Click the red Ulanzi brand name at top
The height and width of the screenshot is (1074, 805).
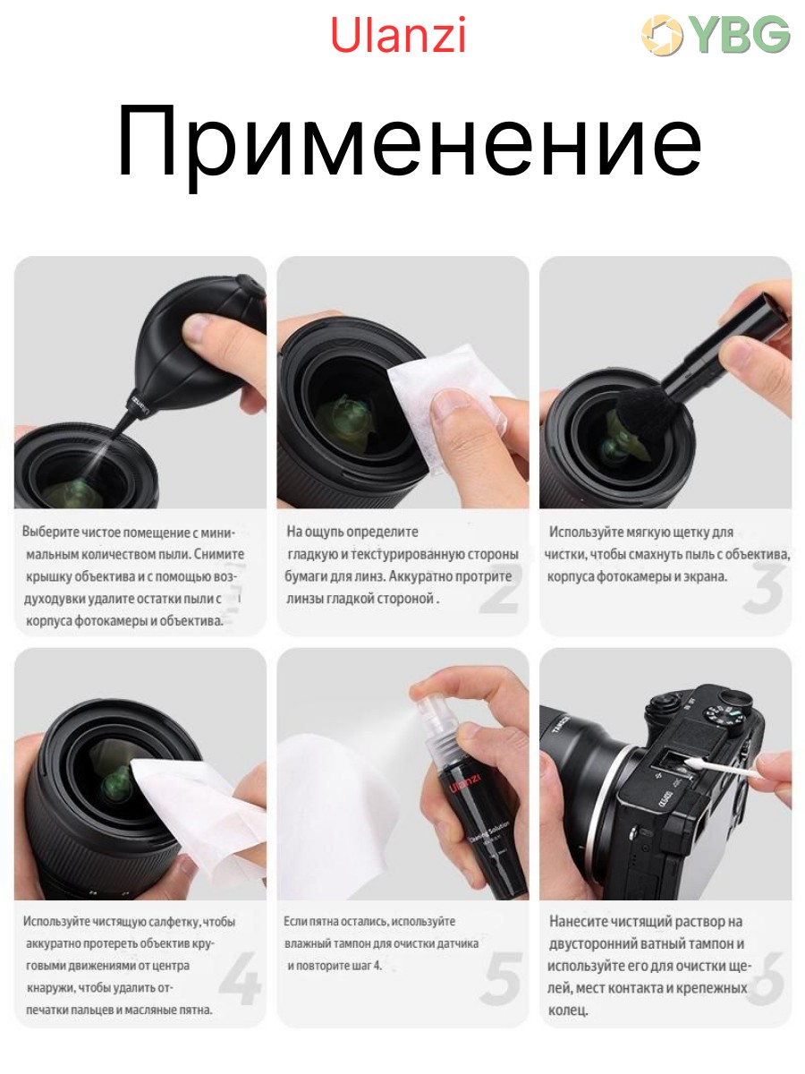pyautogui.click(x=398, y=35)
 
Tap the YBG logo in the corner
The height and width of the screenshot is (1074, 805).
pyautogui.click(x=716, y=34)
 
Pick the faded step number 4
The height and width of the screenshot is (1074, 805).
pyautogui.click(x=240, y=978)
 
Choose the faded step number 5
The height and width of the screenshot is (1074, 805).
pyautogui.click(x=501, y=978)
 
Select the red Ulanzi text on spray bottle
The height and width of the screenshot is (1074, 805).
pyautogui.click(x=465, y=783)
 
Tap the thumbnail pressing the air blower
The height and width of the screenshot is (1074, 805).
pyautogui.click(x=198, y=327)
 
